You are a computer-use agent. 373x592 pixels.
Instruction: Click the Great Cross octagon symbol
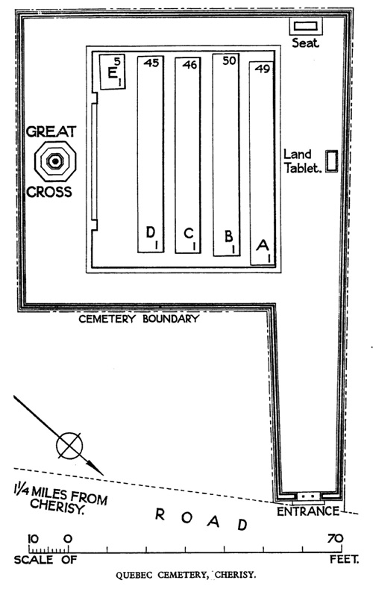55,161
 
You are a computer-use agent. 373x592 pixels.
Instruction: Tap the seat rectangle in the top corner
306,26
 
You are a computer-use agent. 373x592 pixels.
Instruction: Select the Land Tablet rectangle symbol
331,161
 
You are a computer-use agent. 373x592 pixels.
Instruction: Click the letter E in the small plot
112,72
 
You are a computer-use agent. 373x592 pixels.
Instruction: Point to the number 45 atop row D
151,63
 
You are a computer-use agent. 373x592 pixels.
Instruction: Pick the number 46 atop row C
189,64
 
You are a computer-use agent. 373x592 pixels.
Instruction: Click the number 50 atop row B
229,60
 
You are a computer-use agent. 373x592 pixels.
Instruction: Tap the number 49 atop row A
263,69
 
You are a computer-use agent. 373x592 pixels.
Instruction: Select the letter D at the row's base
151,233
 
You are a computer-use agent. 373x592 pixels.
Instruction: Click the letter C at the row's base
188,234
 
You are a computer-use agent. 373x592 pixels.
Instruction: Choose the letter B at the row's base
228,236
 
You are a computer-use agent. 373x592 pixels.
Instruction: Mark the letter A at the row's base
263,245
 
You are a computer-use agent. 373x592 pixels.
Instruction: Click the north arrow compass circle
69,446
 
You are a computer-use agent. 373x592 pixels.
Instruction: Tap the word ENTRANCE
308,511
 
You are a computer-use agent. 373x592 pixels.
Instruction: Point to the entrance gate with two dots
309,496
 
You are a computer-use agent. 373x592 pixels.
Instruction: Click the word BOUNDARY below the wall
171,319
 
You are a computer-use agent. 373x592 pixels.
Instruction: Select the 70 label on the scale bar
335,538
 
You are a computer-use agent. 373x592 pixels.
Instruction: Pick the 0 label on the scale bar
68,538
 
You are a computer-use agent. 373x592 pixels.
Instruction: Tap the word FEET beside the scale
344,559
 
